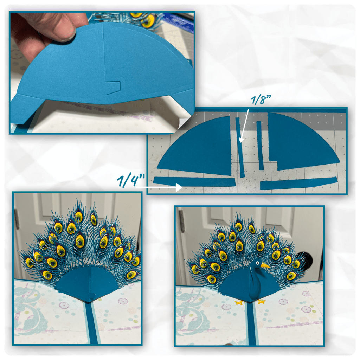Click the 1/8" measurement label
pos(261,99)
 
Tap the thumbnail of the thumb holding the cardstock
pos(67,34)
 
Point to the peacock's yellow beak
pos(265,265)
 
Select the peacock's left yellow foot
pos(239,302)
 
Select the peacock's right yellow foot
pos(261,301)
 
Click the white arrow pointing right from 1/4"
pos(159,187)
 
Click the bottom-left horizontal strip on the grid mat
pos(194,182)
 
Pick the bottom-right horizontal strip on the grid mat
pos(298,184)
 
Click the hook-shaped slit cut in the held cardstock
pos(113,87)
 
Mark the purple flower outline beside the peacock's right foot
pos(283,301)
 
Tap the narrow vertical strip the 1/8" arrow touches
pos(240,147)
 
